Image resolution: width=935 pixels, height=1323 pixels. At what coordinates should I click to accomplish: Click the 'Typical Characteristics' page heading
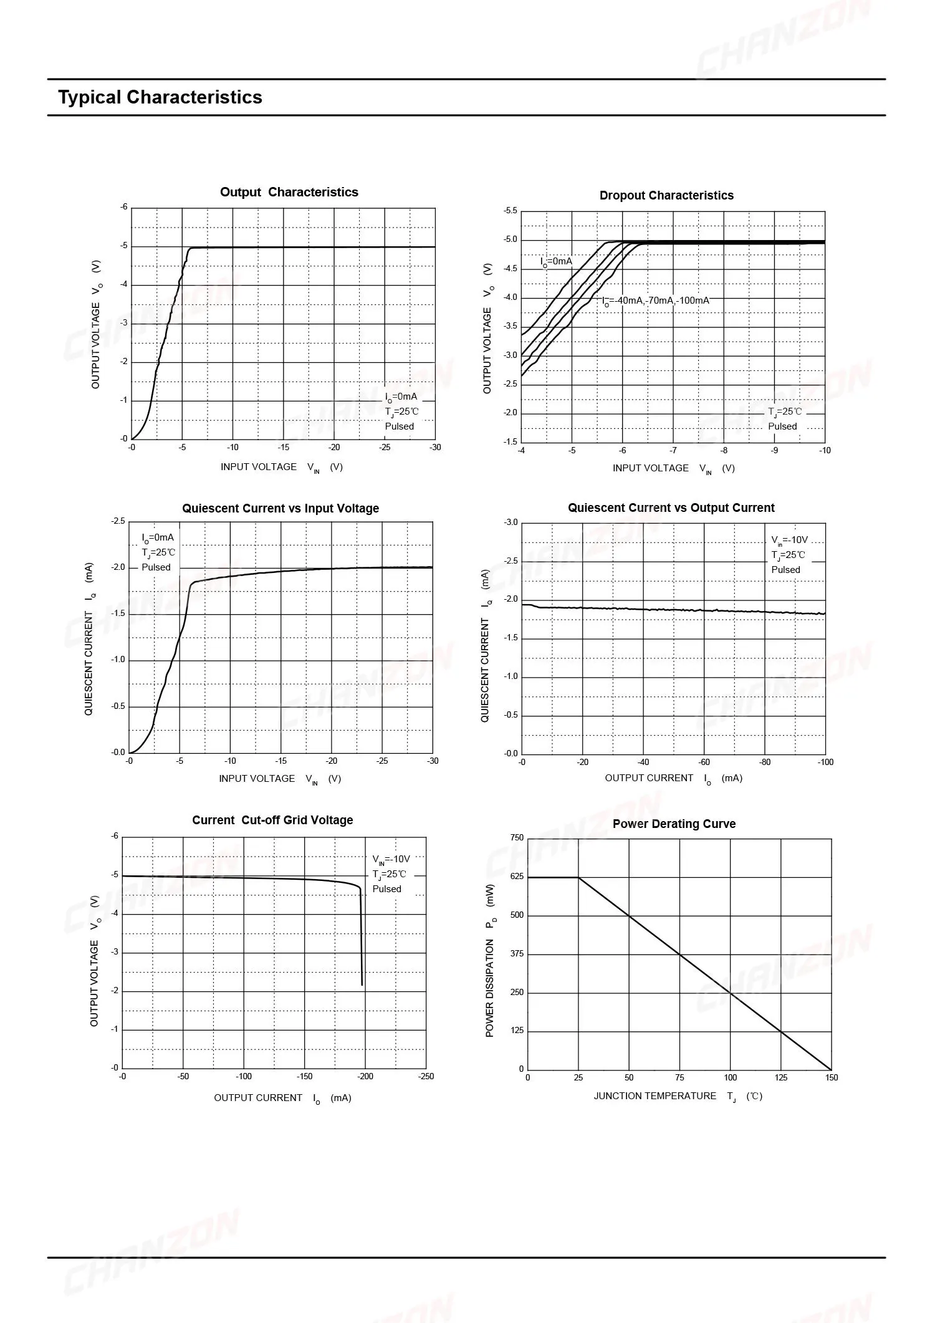160,97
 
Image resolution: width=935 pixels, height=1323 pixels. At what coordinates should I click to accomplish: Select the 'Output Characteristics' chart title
289,192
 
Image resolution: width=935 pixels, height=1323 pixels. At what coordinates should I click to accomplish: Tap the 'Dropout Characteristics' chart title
666,195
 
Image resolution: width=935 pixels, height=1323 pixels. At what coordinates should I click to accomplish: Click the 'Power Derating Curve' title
674,824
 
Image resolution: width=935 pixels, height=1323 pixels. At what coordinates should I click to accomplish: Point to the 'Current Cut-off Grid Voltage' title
272,820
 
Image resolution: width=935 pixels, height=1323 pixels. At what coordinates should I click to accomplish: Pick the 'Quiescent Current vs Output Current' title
671,508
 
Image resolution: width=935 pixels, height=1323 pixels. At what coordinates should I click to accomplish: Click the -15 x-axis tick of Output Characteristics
283,447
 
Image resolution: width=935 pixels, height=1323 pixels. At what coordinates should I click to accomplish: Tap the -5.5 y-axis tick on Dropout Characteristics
510,211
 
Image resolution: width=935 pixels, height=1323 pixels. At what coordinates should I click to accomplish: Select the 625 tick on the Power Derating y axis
517,876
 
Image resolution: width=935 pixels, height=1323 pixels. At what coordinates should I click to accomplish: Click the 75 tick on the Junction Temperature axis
679,1077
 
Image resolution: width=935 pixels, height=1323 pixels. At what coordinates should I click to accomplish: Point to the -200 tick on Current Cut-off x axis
365,1076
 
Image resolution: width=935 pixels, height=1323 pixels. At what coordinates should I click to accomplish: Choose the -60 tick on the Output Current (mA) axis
704,762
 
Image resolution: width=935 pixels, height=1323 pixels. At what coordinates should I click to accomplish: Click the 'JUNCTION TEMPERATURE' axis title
655,1095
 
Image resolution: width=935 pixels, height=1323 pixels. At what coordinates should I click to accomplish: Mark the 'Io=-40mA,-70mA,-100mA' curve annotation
656,301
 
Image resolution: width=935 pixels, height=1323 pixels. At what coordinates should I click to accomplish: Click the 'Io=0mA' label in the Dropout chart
556,261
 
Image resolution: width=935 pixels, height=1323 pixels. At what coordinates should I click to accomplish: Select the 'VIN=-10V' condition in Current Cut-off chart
391,859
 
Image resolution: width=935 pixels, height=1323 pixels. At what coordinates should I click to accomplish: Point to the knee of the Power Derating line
578,877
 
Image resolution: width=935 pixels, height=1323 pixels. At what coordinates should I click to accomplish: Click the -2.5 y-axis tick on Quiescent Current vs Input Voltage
118,521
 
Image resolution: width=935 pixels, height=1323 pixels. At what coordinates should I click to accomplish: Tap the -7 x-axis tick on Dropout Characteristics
673,450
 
